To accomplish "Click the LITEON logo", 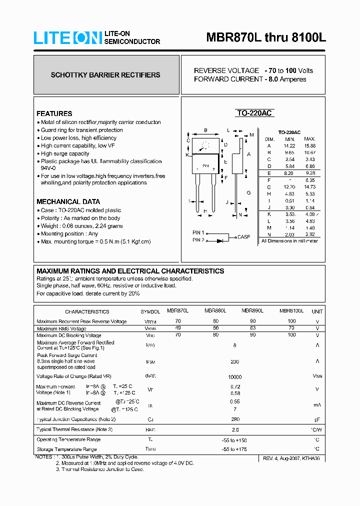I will coord(67,38).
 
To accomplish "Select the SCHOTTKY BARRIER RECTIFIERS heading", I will coord(105,75).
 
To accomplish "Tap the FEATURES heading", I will coord(54,113).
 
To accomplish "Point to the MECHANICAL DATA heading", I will coord(64,201).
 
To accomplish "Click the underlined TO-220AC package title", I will coord(254,113).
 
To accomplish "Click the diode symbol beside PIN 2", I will coord(220,240).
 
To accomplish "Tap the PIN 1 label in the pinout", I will coord(198,232).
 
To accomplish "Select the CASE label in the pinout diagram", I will coord(244,237).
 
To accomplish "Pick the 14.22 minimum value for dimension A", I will coord(289,145).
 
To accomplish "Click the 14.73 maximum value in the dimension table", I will coord(309,186).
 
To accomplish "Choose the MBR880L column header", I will coord(215,310).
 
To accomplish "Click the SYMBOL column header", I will coord(150,311).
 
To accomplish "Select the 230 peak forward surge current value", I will coord(234,361).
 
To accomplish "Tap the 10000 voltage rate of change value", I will coord(234,377).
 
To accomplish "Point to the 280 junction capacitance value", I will coord(234,419).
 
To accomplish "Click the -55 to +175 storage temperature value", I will coord(234,449).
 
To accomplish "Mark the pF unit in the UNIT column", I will coord(316,419).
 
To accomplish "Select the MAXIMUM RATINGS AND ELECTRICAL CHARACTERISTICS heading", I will coord(130,271).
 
